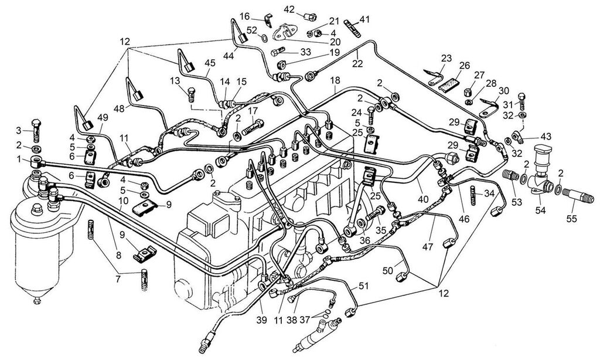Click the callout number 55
tap(571, 219)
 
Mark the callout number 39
tap(261, 320)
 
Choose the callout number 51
tap(364, 286)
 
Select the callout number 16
tap(244, 15)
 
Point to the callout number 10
tap(122, 200)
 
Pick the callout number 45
tap(210, 63)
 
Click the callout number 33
tap(305, 52)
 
